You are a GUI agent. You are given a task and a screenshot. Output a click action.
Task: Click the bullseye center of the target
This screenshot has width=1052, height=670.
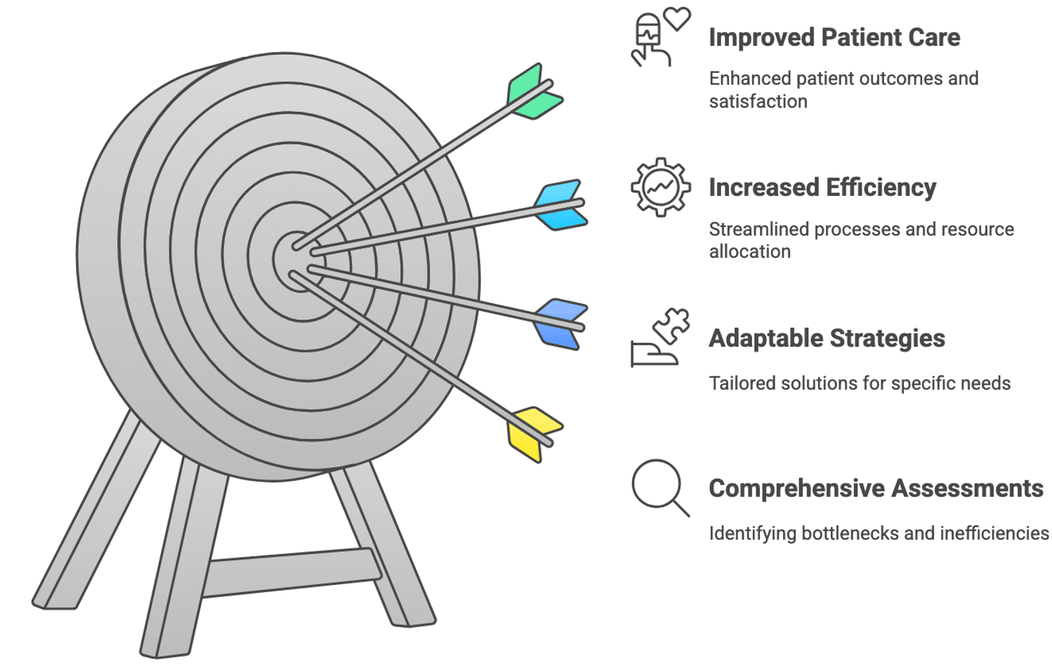click(x=296, y=261)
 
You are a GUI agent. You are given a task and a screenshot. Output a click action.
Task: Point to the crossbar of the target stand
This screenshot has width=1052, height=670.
click(x=291, y=572)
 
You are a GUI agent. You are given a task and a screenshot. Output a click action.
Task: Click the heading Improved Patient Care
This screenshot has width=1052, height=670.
click(x=834, y=37)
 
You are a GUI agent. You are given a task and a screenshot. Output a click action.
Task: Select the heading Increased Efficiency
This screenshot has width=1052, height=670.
click(x=822, y=188)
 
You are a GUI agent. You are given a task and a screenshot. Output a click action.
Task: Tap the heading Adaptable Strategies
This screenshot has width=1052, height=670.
click(x=827, y=339)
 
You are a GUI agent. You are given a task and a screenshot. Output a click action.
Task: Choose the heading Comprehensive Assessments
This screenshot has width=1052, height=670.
click(x=876, y=488)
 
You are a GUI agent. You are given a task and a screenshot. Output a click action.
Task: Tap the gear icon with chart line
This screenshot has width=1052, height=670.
click(x=660, y=187)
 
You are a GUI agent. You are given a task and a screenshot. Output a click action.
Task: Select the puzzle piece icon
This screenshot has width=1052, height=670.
click(x=671, y=324)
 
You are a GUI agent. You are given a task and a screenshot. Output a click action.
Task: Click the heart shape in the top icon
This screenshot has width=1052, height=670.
click(x=678, y=18)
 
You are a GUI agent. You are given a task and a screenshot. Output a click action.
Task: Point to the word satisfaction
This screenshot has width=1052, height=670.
click(x=758, y=102)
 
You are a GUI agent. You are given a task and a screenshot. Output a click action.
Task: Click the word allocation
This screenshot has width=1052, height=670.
click(x=749, y=251)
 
